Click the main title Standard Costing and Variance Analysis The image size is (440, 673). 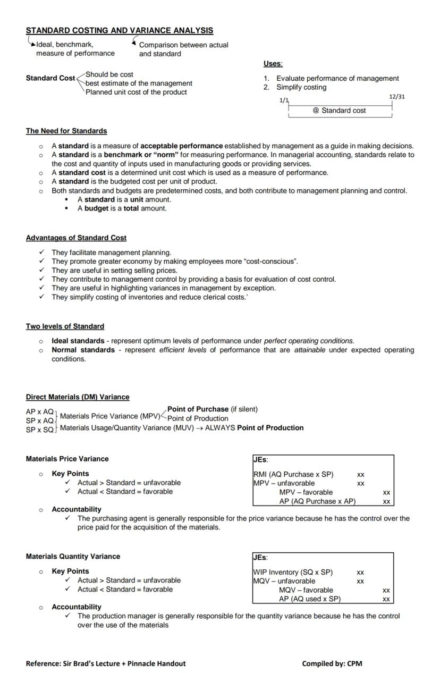tap(120, 31)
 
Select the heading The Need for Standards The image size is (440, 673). tap(66, 131)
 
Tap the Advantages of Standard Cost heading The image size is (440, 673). tap(76, 238)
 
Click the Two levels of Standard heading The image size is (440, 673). tap(65, 326)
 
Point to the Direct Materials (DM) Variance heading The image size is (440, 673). tap(78, 397)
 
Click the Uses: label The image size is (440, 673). tap(273, 64)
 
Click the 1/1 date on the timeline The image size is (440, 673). tap(284, 100)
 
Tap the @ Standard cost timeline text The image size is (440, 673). tap(339, 111)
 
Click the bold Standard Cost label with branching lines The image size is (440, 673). tap(50, 78)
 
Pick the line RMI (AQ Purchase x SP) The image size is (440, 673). tap(293, 474)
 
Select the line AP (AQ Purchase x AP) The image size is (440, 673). tap(317, 501)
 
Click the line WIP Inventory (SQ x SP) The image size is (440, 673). tap(293, 572)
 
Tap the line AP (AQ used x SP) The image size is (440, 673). tap(310, 599)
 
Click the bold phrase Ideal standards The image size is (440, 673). tap(78, 341)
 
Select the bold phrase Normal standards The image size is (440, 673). tap(83, 350)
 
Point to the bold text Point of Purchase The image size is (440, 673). tap(198, 409)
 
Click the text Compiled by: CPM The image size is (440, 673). tap(332, 663)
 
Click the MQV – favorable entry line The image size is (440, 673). tap(306, 590)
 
